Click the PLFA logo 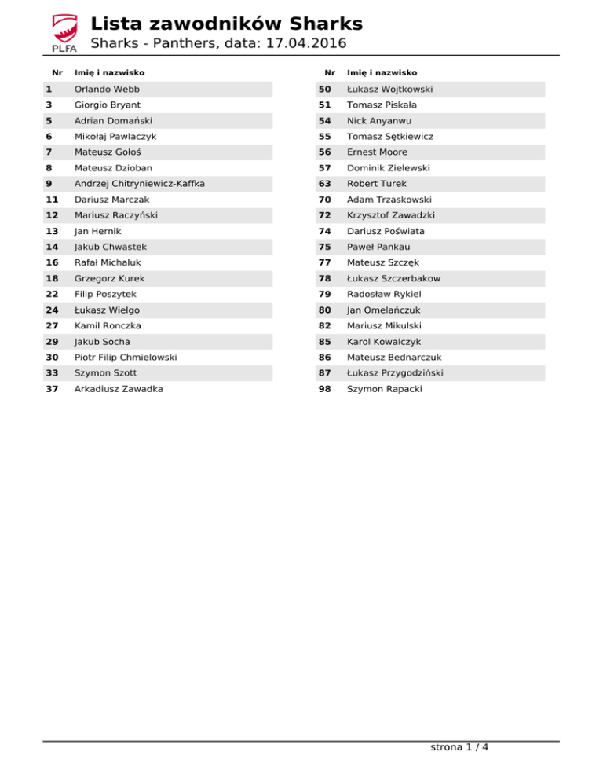click(x=64, y=34)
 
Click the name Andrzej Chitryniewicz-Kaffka click(x=139, y=184)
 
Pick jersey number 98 click(x=324, y=389)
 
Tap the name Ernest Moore click(x=377, y=152)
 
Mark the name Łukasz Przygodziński click(x=396, y=373)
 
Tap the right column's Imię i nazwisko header click(x=382, y=72)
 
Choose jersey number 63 click(x=324, y=184)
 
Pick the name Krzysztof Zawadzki click(x=391, y=215)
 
